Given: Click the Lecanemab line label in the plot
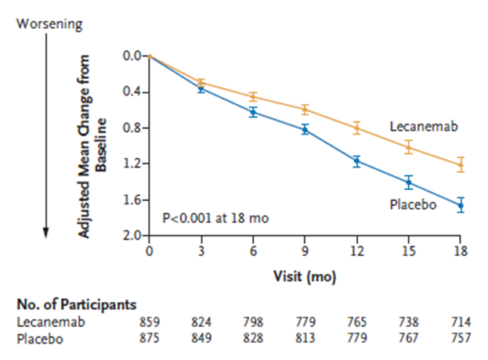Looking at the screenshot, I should [423, 126].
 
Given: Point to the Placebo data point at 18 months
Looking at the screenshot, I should [461, 205].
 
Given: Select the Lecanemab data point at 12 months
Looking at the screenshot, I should [356, 128].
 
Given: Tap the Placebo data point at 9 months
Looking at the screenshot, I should [305, 129].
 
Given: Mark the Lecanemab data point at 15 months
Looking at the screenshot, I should [409, 146].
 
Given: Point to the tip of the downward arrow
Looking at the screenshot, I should [46, 233].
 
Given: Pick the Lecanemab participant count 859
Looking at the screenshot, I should [149, 322].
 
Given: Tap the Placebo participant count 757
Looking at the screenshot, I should [461, 337].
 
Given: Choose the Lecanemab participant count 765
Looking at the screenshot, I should [356, 322].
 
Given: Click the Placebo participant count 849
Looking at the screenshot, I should [201, 337].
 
